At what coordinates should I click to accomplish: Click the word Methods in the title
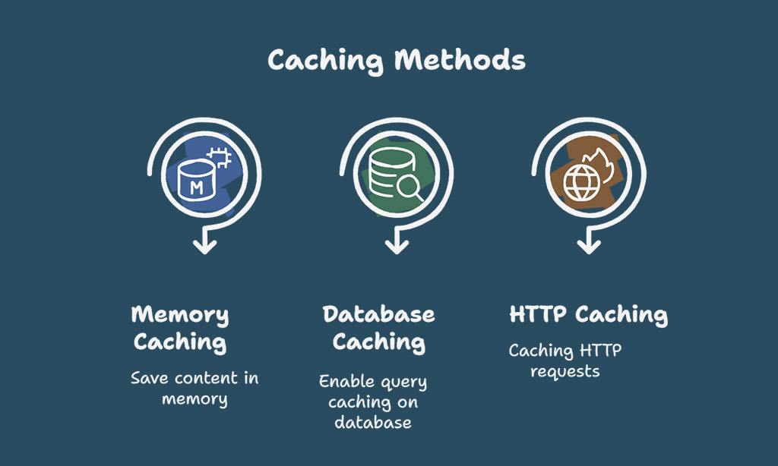(x=460, y=60)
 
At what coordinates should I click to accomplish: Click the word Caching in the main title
(x=325, y=61)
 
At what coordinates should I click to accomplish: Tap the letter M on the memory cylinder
(x=197, y=187)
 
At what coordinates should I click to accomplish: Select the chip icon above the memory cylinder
(x=220, y=157)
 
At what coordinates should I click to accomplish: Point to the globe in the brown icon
(x=581, y=183)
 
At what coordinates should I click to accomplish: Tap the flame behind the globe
(x=602, y=165)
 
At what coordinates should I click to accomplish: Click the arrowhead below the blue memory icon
(x=204, y=245)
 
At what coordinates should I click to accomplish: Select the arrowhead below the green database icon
(x=397, y=245)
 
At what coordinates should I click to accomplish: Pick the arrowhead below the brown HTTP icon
(x=589, y=245)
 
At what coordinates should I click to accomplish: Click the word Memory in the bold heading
(x=180, y=315)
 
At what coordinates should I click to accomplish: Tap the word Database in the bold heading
(x=378, y=314)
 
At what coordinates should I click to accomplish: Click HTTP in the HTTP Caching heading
(x=538, y=314)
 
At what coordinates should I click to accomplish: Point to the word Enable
(x=346, y=381)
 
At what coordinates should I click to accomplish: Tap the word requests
(x=565, y=372)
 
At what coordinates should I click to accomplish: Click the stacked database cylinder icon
(x=392, y=172)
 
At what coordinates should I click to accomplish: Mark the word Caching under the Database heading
(x=378, y=342)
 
